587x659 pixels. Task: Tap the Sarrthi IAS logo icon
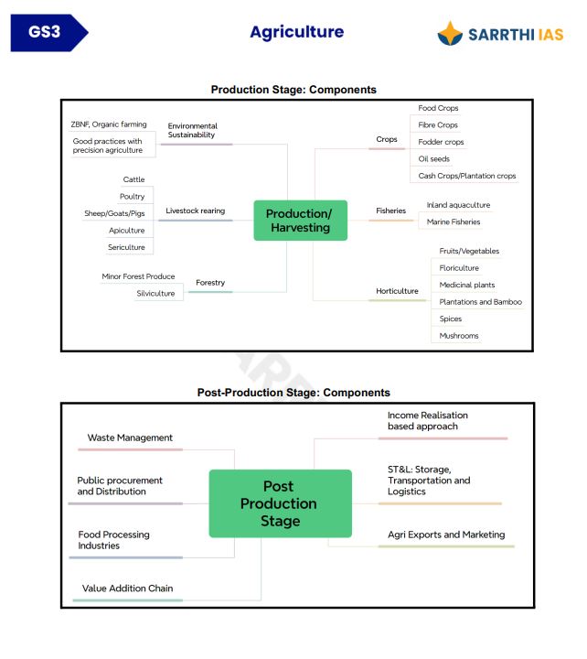tap(451, 34)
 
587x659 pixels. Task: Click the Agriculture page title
tap(296, 32)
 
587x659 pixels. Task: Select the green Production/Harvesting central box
tap(300, 221)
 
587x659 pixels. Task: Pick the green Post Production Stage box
tap(280, 503)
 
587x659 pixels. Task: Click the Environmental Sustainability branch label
tap(193, 130)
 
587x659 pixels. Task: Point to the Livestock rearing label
tap(195, 211)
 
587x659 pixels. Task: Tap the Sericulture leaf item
tap(127, 247)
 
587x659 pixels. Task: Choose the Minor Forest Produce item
tap(138, 276)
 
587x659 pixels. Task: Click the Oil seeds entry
tap(434, 159)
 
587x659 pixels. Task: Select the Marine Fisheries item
tap(454, 221)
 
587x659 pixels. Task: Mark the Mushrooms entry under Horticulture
tap(459, 336)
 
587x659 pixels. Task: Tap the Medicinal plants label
tap(467, 285)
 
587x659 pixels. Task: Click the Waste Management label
tap(130, 438)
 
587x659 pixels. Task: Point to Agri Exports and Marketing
tap(446, 535)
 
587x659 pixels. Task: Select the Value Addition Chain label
tap(127, 589)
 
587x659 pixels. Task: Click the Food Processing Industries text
tap(114, 540)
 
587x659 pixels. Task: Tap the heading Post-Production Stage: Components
tap(293, 393)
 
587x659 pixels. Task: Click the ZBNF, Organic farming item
tap(109, 124)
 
